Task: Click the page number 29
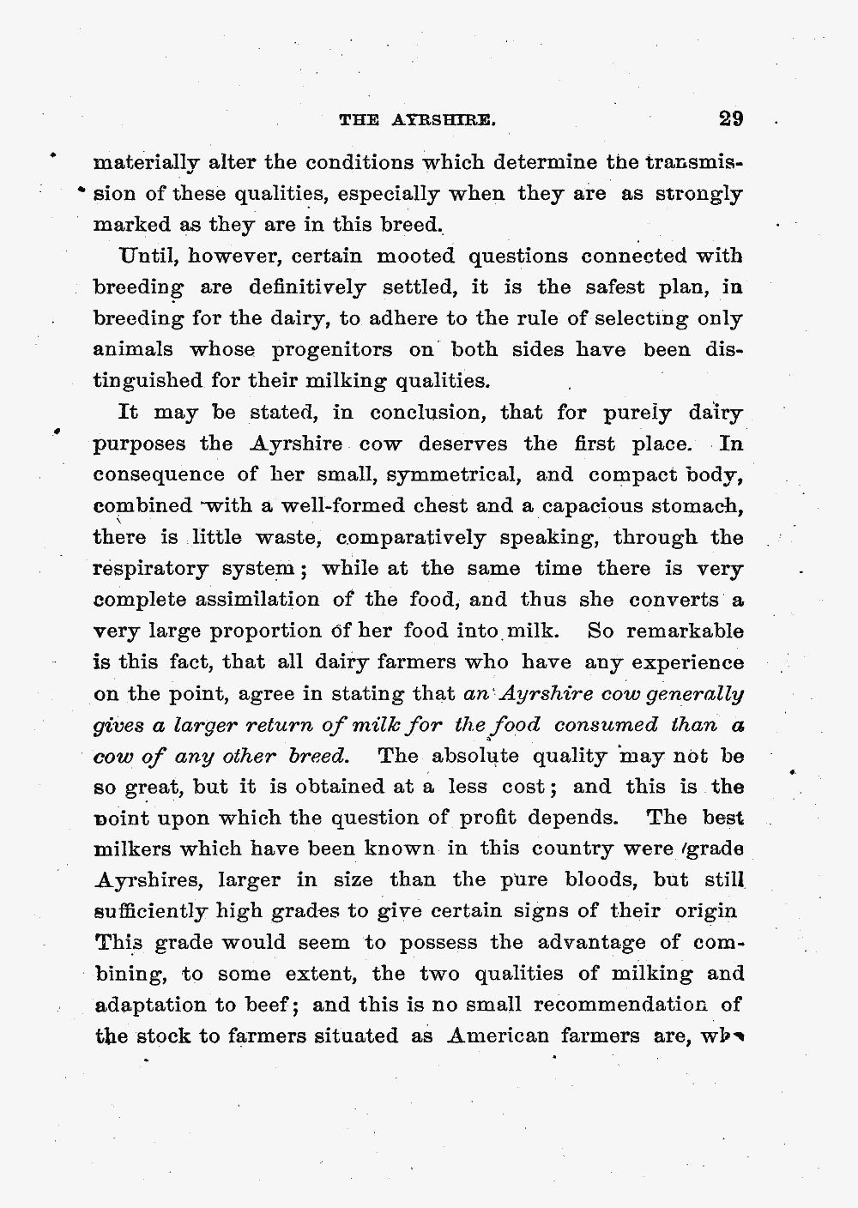click(x=731, y=118)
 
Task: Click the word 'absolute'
click(x=474, y=757)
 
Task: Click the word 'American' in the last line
click(x=498, y=1036)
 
